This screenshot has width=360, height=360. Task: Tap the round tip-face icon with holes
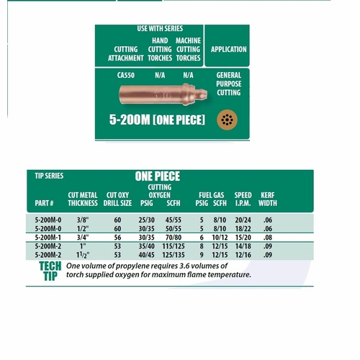pyautogui.click(x=228, y=119)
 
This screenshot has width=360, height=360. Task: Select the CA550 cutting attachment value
pyautogui.click(x=126, y=75)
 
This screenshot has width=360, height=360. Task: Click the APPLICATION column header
pyautogui.click(x=228, y=50)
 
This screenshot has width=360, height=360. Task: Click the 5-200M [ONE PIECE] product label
pyautogui.click(x=157, y=120)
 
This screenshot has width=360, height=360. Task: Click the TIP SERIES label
pyautogui.click(x=50, y=175)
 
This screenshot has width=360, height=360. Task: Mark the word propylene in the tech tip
pyautogui.click(x=135, y=266)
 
